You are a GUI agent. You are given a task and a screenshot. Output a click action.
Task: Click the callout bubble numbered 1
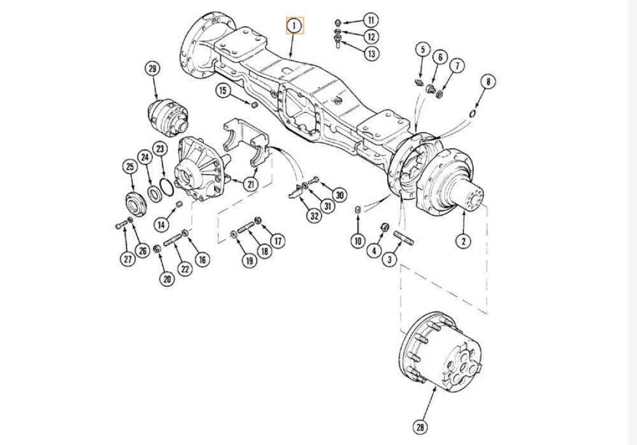click(294, 26)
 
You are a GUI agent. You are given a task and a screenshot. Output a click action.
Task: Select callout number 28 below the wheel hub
click(420, 427)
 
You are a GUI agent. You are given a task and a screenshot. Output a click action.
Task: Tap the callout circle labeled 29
click(152, 69)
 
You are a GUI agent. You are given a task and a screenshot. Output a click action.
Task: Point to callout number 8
click(487, 82)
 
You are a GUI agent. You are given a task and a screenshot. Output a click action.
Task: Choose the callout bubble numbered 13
click(371, 54)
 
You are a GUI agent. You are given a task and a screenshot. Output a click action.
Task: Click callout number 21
click(251, 184)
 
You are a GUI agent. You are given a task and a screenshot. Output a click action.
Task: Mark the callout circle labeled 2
click(464, 240)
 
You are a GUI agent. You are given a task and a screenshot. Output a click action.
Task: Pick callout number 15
click(222, 91)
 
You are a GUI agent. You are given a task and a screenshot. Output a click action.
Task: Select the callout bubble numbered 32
click(314, 216)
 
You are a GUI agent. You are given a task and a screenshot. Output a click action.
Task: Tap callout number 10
click(358, 241)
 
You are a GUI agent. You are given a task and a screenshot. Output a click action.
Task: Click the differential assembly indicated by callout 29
click(169, 117)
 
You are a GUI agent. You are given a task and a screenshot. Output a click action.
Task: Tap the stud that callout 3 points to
click(403, 238)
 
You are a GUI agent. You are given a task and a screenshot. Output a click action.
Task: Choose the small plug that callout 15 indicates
click(254, 105)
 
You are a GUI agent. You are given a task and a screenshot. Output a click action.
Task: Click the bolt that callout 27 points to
click(120, 224)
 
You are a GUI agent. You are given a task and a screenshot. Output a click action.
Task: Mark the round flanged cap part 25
click(134, 203)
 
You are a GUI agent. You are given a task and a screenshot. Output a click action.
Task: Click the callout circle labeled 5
click(422, 50)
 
